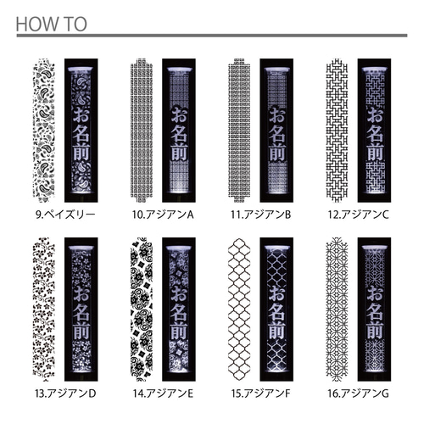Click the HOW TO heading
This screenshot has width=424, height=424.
(x=51, y=24)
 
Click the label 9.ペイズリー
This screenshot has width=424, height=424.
(x=65, y=215)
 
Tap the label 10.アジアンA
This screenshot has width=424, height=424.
(x=163, y=215)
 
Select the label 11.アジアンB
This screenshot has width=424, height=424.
(x=260, y=215)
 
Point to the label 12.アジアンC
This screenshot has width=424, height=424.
(x=359, y=215)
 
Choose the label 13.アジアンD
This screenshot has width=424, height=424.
(x=65, y=393)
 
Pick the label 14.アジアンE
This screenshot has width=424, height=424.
(x=163, y=393)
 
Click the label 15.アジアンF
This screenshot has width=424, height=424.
(x=260, y=393)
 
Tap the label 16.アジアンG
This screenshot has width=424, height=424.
(x=359, y=393)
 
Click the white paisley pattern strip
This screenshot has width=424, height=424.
(x=44, y=131)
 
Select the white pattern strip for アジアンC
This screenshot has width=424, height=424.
(x=337, y=131)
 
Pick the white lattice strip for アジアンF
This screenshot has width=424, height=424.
(x=239, y=310)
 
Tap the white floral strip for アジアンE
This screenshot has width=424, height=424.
(x=142, y=310)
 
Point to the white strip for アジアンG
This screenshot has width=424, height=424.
(x=337, y=310)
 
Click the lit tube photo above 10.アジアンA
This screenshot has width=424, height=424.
(x=179, y=131)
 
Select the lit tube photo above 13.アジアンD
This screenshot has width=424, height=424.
(x=81, y=310)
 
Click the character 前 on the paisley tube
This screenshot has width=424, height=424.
(x=81, y=152)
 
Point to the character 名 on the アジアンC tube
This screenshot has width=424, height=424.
(x=375, y=133)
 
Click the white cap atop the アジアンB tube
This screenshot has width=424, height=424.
(x=276, y=70)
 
